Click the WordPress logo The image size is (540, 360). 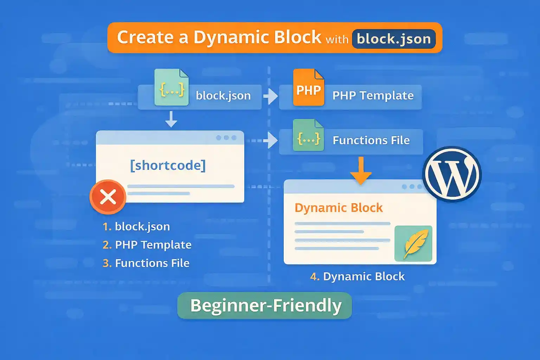[452, 174]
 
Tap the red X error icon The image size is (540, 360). [108, 197]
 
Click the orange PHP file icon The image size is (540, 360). [308, 88]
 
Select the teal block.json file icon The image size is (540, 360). [172, 88]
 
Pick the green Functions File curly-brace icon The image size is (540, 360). [308, 136]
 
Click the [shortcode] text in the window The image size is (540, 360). [168, 165]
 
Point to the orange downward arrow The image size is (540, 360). [361, 171]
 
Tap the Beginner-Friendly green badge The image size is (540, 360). [265, 306]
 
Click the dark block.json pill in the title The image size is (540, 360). [394, 39]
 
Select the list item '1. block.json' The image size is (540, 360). [136, 226]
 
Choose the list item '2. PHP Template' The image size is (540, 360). [147, 245]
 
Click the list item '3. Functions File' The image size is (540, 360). [146, 263]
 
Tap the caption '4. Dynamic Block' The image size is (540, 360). [358, 276]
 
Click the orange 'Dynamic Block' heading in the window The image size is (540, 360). [339, 208]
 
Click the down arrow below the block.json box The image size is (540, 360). [171, 119]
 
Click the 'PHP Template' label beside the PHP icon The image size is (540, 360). [373, 96]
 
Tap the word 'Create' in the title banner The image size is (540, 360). [145, 37]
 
